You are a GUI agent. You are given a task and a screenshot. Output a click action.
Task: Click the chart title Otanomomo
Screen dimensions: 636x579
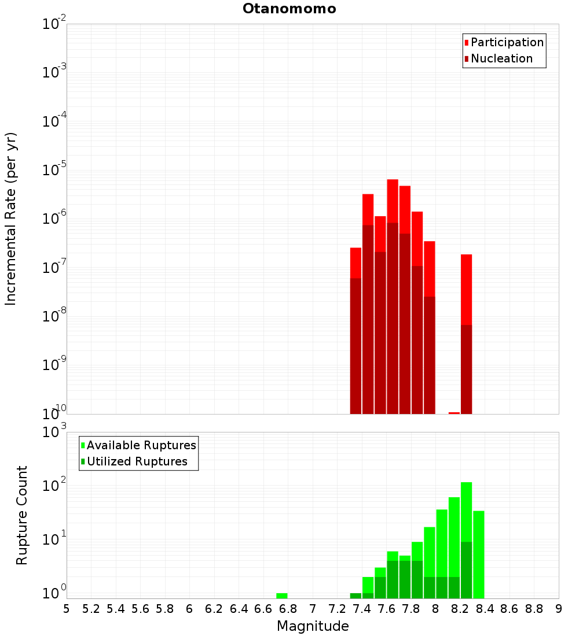click(289, 9)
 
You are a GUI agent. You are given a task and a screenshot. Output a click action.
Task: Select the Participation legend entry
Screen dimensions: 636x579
click(507, 42)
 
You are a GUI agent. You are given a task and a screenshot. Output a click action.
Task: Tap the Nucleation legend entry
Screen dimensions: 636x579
click(501, 58)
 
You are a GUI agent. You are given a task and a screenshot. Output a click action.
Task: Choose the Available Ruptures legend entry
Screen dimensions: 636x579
click(141, 445)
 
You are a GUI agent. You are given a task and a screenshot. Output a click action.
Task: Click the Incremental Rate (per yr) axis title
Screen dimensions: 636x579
click(11, 219)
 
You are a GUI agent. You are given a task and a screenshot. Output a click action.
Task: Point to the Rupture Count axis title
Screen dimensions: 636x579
click(22, 515)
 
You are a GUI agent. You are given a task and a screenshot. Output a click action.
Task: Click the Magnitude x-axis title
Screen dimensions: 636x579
click(313, 626)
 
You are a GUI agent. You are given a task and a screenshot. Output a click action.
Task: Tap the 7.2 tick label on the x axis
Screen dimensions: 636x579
click(337, 609)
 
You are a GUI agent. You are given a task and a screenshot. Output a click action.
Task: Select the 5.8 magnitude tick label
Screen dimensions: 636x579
click(165, 609)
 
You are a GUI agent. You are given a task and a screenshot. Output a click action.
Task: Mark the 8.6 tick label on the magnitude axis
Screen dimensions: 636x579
click(510, 609)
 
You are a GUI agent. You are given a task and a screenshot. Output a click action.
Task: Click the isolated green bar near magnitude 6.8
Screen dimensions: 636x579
click(282, 596)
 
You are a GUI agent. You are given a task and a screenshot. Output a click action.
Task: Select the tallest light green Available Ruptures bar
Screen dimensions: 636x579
click(467, 509)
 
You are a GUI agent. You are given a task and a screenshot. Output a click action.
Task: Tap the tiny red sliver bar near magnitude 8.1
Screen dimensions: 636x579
click(454, 413)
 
